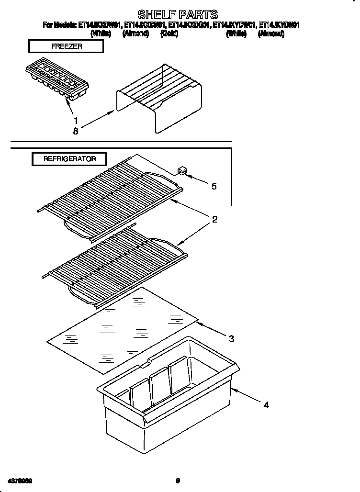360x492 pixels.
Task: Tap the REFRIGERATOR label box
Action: coord(69,159)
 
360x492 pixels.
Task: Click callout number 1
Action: coord(75,121)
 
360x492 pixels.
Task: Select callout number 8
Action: coord(75,131)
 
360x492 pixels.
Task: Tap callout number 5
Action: coord(214,186)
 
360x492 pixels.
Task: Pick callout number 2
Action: coord(215,220)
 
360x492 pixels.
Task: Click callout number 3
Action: coord(231,339)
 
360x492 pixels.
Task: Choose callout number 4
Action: coord(266,405)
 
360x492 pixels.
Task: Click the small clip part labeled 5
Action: coord(181,171)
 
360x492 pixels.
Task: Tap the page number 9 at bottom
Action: coord(178,481)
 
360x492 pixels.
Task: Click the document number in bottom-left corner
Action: coord(20,481)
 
